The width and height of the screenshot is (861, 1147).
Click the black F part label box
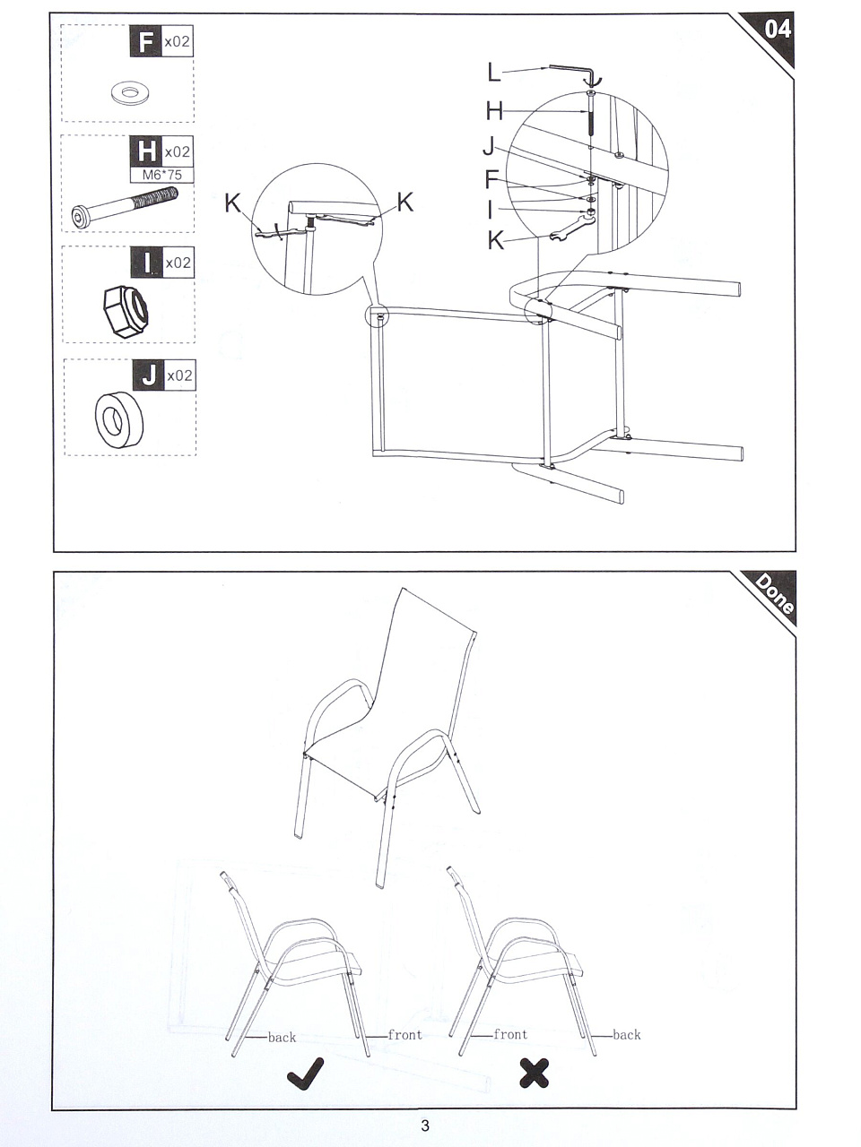pyautogui.click(x=145, y=40)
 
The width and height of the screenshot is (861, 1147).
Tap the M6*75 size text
pyautogui.click(x=162, y=175)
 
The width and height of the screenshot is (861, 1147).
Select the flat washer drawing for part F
pyautogui.click(x=127, y=93)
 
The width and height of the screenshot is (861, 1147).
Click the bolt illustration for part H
pyautogui.click(x=124, y=208)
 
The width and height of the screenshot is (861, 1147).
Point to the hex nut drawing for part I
pyautogui.click(x=125, y=311)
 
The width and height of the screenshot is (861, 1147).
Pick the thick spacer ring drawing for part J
pyautogui.click(x=119, y=419)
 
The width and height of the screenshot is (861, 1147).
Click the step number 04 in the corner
pyautogui.click(x=778, y=29)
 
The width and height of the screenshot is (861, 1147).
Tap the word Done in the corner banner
pyautogui.click(x=775, y=593)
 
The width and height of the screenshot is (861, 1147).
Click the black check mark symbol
pyautogui.click(x=305, y=1074)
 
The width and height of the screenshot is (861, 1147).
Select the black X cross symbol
pyautogui.click(x=535, y=1074)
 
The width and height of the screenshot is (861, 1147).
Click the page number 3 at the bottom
pyautogui.click(x=425, y=1125)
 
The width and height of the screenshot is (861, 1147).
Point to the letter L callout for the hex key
pyautogui.click(x=493, y=72)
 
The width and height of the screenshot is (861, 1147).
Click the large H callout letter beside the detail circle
pyautogui.click(x=494, y=111)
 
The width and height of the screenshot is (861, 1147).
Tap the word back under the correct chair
pyautogui.click(x=282, y=1038)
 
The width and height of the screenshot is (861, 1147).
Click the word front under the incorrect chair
pyautogui.click(x=510, y=1034)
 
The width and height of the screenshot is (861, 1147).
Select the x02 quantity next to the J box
pyautogui.click(x=179, y=375)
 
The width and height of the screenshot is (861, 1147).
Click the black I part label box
pyautogui.click(x=147, y=263)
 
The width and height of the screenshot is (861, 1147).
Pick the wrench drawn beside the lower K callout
pyautogui.click(x=572, y=228)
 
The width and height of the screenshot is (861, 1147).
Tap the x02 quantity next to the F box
pyautogui.click(x=177, y=40)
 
